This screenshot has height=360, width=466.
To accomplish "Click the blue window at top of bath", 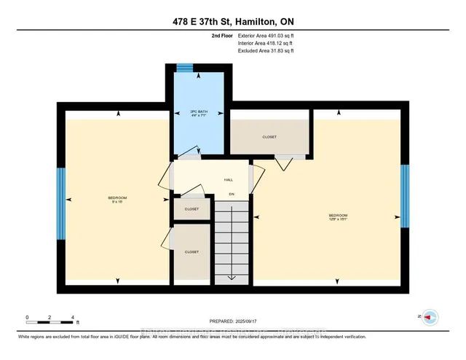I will click(186, 69).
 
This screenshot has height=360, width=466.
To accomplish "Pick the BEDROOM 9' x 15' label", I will click(118, 200).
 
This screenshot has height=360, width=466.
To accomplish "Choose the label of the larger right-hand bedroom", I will click(338, 216).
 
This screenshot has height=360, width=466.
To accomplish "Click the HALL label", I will click(228, 179).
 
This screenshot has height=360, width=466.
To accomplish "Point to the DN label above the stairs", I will click(232, 194).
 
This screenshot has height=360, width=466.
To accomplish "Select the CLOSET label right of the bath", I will click(270, 136).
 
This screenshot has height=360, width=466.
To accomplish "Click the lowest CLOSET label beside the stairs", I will click(191, 251).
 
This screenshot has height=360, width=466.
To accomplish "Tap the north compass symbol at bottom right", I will click(430, 316).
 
